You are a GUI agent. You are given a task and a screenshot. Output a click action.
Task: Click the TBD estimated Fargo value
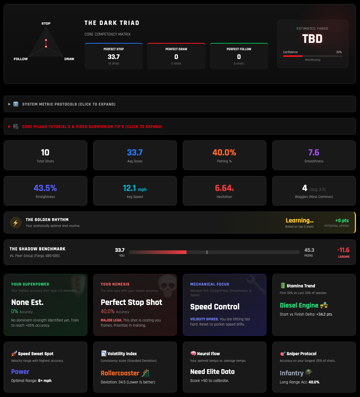(x=312, y=39)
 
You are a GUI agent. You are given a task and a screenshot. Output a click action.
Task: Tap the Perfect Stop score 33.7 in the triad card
(x=113, y=56)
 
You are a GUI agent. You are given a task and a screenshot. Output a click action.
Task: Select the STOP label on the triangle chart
(x=46, y=23)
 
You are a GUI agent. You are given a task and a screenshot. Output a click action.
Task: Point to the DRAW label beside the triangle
(x=69, y=59)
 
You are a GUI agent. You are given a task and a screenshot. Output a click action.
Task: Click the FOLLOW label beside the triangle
(x=21, y=59)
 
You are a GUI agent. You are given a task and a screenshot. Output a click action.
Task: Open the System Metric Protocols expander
(x=69, y=104)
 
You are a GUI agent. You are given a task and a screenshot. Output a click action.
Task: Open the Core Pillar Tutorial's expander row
(x=92, y=126)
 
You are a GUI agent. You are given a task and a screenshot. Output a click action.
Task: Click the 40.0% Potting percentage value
(x=224, y=152)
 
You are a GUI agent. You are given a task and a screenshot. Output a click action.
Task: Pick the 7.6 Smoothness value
(x=314, y=152)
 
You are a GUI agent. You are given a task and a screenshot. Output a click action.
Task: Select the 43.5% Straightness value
(x=45, y=188)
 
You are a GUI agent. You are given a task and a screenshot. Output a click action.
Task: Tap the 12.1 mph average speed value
(x=134, y=188)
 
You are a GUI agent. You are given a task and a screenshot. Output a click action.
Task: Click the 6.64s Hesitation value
(x=224, y=188)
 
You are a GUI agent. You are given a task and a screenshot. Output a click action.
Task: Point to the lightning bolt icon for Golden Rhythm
(x=15, y=223)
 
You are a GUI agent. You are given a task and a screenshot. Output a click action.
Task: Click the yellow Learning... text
(x=299, y=220)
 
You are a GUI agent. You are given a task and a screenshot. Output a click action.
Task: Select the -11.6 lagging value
(x=343, y=250)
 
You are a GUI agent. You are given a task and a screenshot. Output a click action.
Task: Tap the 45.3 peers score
(x=309, y=250)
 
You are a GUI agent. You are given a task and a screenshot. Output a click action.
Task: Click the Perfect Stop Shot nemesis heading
(x=131, y=302)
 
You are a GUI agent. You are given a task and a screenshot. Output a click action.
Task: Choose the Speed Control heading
(x=215, y=306)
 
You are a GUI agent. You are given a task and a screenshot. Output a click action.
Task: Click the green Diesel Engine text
(x=299, y=305)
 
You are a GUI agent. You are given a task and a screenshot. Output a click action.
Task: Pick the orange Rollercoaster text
(x=120, y=373)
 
